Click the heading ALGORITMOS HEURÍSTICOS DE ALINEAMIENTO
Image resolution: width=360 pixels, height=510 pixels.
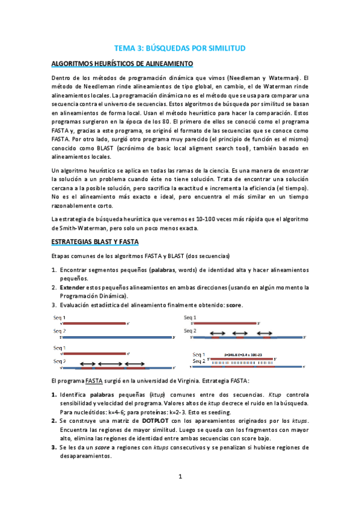coord(122,63)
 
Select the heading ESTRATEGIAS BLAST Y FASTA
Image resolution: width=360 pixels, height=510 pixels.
coord(95,242)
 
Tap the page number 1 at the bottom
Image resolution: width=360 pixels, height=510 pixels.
coord(180,477)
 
